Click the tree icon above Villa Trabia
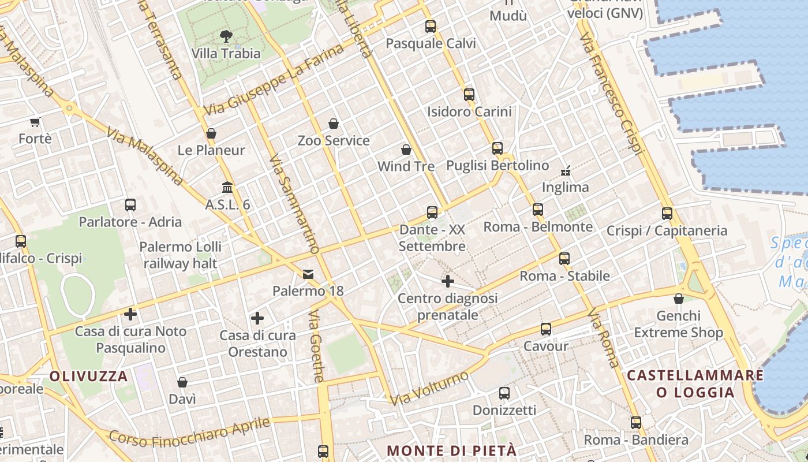(x=226, y=36)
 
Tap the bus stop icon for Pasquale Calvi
(x=431, y=26)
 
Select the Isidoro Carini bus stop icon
(x=469, y=94)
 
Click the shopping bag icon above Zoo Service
(x=334, y=124)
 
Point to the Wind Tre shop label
(x=406, y=166)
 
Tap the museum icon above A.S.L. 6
(x=227, y=188)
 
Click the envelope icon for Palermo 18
(x=308, y=274)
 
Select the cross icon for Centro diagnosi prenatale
(x=448, y=281)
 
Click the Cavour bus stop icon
(x=546, y=329)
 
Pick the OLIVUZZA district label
(x=88, y=377)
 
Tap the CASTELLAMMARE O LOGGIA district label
(x=695, y=384)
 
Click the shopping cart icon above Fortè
(x=35, y=122)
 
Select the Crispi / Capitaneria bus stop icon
(x=667, y=213)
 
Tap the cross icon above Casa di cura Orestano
(x=257, y=318)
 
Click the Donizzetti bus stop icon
(x=504, y=393)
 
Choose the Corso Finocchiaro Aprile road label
(x=189, y=433)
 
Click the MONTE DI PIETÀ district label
(x=451, y=450)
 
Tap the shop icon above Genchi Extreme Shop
(x=679, y=299)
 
